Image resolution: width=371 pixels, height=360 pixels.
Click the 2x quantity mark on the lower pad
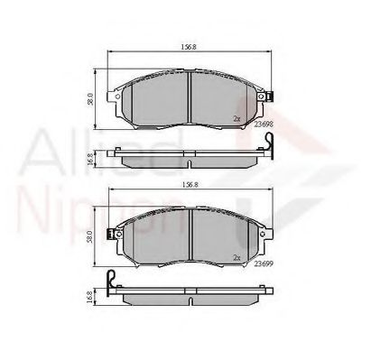[237, 257]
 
